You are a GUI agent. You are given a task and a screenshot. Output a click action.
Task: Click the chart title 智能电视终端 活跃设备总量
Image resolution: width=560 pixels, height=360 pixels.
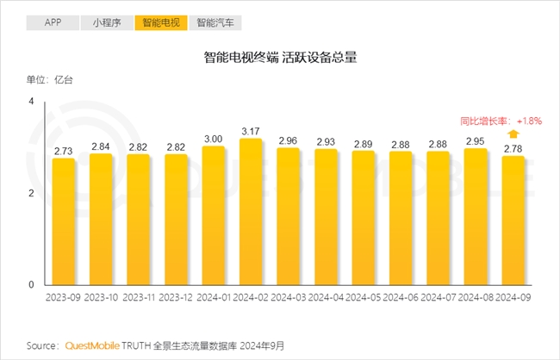280,58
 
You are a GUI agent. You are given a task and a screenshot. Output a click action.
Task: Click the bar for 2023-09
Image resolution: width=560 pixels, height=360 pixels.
64,221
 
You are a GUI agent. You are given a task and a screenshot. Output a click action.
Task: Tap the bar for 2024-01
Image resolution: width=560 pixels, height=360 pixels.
213,215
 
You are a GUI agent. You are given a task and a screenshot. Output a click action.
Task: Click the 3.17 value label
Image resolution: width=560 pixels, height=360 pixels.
251,131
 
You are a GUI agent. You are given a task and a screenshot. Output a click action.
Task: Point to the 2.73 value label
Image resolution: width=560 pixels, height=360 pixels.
64,151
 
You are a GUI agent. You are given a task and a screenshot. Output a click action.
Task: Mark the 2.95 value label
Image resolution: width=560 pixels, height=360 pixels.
476,141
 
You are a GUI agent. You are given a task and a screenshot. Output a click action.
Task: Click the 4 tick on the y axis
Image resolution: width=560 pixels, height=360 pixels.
31,102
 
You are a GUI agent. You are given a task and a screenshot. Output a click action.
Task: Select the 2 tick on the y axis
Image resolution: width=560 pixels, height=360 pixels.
31,193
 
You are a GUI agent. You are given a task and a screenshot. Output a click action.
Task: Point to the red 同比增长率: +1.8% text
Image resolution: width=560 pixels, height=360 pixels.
501,121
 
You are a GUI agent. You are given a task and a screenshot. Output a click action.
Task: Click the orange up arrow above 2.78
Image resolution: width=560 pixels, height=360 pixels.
513,133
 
